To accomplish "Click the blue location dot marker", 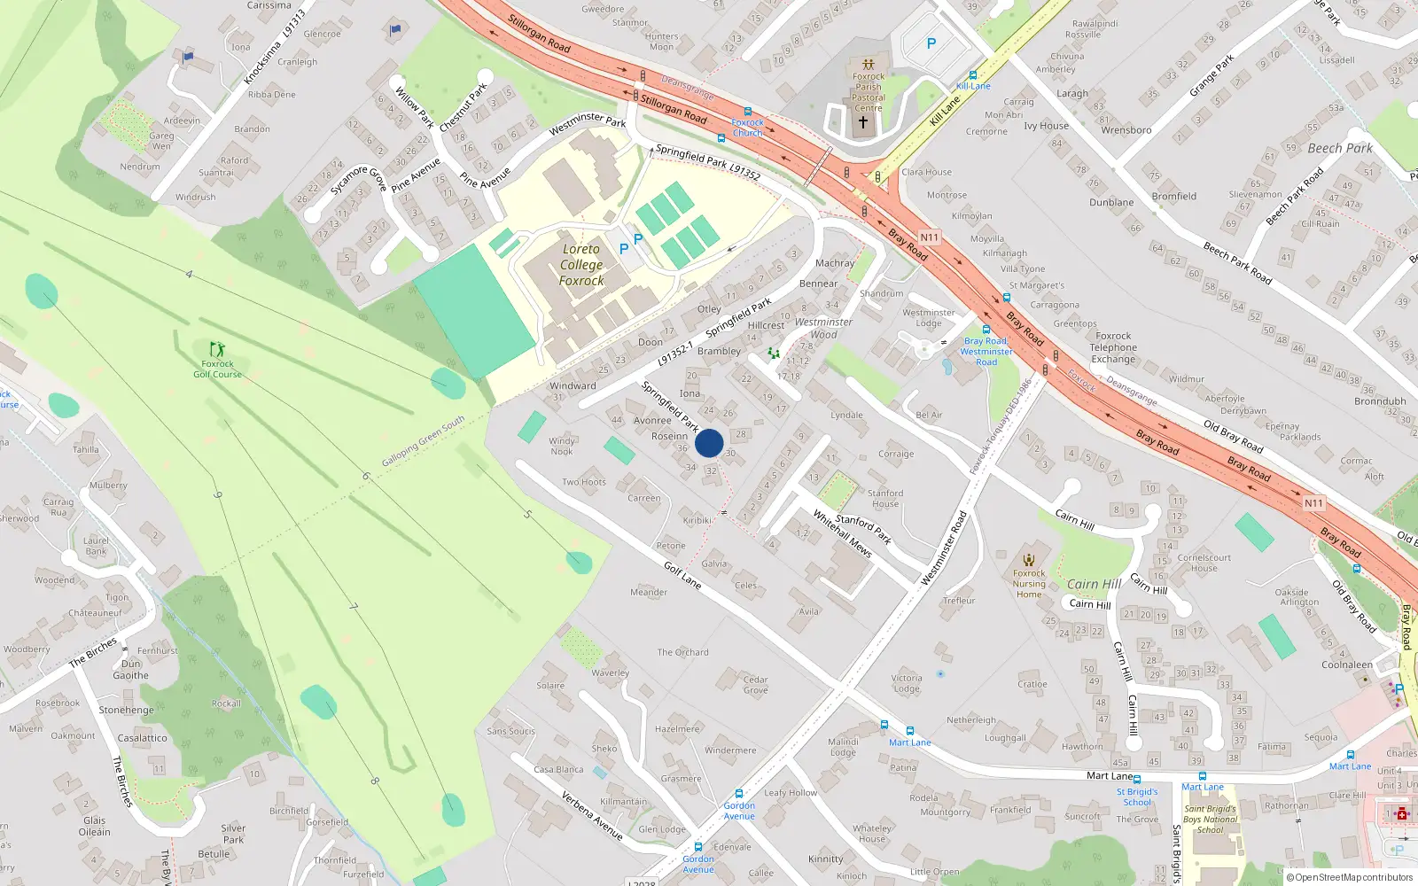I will click(x=709, y=443).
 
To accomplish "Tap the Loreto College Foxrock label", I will click(x=581, y=265).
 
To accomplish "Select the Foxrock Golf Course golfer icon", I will click(x=217, y=349).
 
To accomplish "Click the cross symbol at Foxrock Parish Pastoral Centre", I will click(x=863, y=122).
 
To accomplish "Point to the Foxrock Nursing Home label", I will click(x=1029, y=584).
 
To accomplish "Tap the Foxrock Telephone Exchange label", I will click(x=1113, y=347).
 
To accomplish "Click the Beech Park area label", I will click(x=1340, y=148).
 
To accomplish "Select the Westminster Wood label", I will click(x=823, y=328).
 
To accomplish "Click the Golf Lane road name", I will click(x=682, y=576).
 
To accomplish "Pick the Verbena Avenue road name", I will click(x=592, y=815).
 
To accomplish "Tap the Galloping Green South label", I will click(x=423, y=441).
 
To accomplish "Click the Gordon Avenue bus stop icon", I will click(x=739, y=794).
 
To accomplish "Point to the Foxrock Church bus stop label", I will click(x=747, y=128).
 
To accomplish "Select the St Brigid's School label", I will click(x=1137, y=797).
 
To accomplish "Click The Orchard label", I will click(x=682, y=652).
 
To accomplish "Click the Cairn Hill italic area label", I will click(x=1094, y=584).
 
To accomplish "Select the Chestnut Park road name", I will click(x=463, y=106).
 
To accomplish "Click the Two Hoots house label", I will click(x=584, y=482).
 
